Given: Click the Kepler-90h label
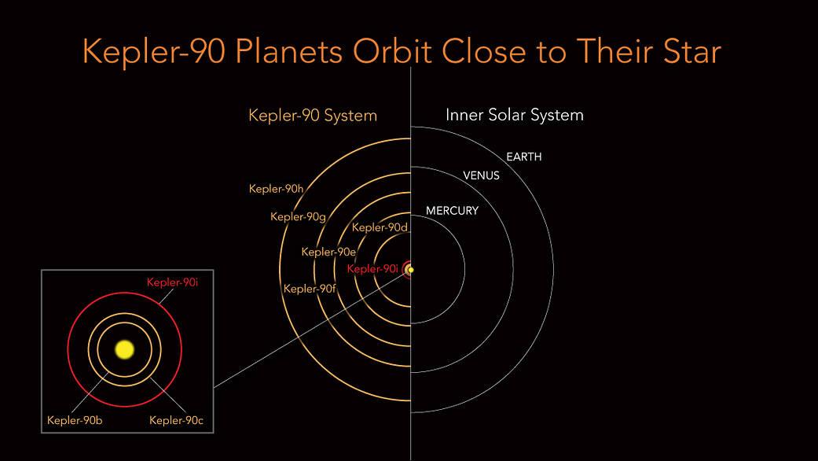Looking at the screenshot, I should pyautogui.click(x=276, y=189).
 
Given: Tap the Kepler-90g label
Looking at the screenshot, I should pyautogui.click(x=298, y=217).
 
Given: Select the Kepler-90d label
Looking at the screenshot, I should pyautogui.click(x=380, y=228).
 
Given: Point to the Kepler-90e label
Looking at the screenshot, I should pyautogui.click(x=328, y=253).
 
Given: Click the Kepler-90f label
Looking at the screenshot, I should pyautogui.click(x=310, y=289).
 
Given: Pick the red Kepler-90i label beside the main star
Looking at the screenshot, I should pyautogui.click(x=373, y=269).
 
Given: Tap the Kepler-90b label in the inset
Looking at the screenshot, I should pyautogui.click(x=75, y=420).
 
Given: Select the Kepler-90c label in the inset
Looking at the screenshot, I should pyautogui.click(x=176, y=420).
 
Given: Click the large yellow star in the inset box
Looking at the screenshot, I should pyautogui.click(x=124, y=349).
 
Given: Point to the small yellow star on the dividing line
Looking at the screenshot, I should pyautogui.click(x=410, y=270).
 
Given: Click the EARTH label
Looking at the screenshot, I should pyautogui.click(x=523, y=157).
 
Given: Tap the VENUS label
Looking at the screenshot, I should pyautogui.click(x=481, y=176).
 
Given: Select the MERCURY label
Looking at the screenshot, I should pyautogui.click(x=452, y=211).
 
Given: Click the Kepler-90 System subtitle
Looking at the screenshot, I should pyautogui.click(x=313, y=116).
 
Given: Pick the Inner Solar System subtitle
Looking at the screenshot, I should pyautogui.click(x=514, y=115).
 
